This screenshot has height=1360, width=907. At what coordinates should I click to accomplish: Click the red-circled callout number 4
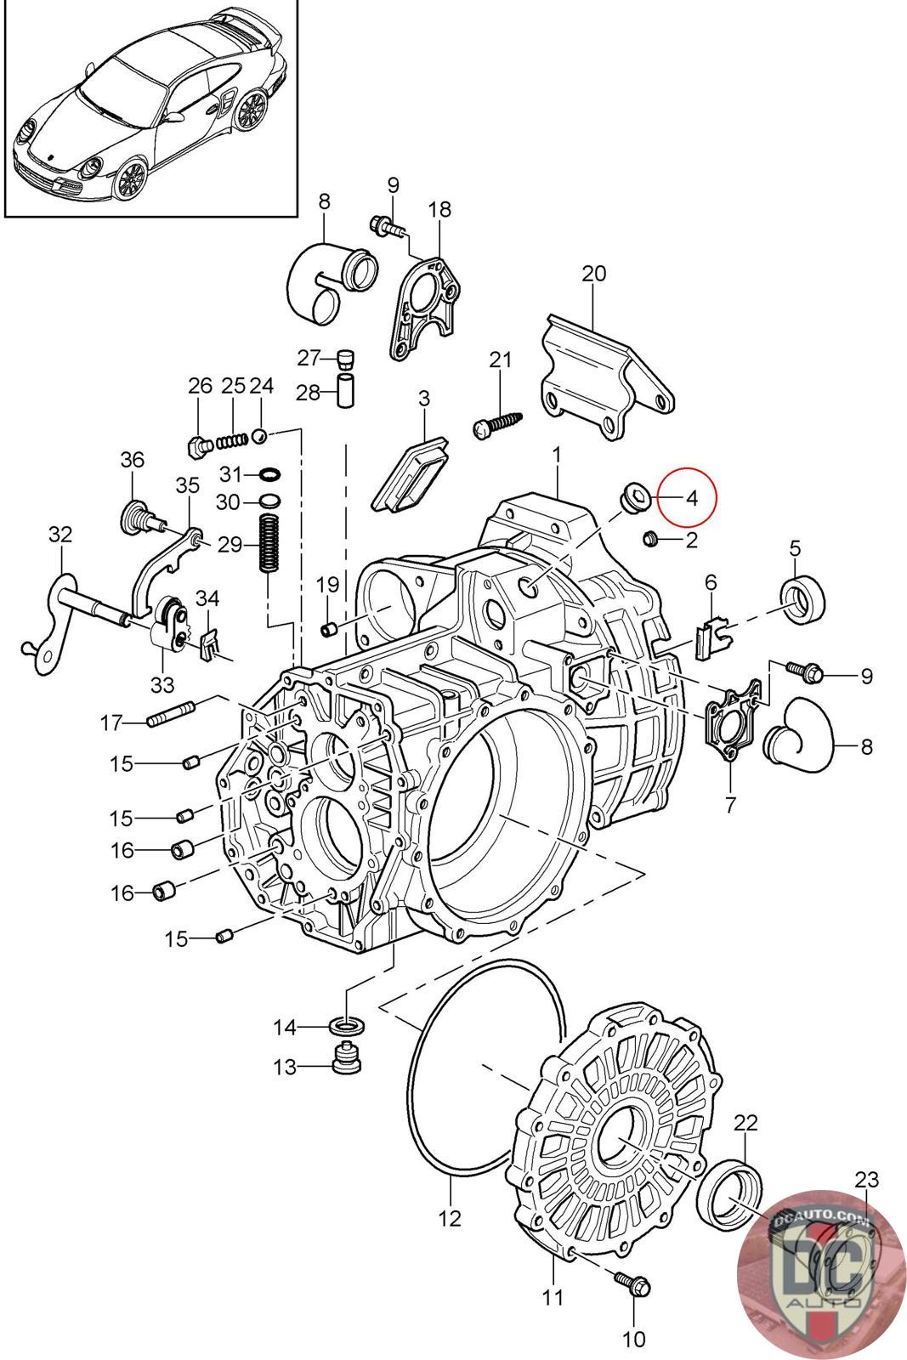pyautogui.click(x=691, y=498)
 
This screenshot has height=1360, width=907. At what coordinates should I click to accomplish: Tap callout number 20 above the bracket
pyautogui.click(x=593, y=274)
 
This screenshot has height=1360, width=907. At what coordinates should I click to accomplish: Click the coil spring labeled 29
pyautogui.click(x=269, y=543)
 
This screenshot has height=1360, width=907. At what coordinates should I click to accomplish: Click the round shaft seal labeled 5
pyautogui.click(x=802, y=597)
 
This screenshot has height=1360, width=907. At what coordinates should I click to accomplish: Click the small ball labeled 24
pyautogui.click(x=260, y=434)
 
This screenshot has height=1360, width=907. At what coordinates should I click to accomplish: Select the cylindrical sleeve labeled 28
pyautogui.click(x=345, y=390)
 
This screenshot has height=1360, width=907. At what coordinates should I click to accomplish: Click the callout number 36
pyautogui.click(x=132, y=460)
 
